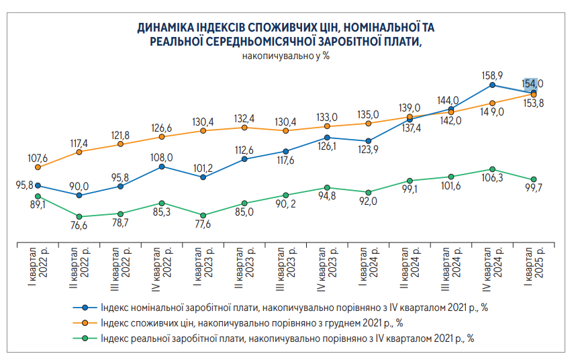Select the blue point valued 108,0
162,167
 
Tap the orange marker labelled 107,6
38,167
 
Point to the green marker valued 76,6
79,217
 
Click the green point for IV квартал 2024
493,169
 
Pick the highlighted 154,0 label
532,83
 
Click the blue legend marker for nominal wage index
85,308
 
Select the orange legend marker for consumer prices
85,323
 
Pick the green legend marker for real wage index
85,339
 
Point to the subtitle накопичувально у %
285,56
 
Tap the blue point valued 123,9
369,141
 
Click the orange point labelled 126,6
162,137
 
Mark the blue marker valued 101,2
203,177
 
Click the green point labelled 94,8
327,188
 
